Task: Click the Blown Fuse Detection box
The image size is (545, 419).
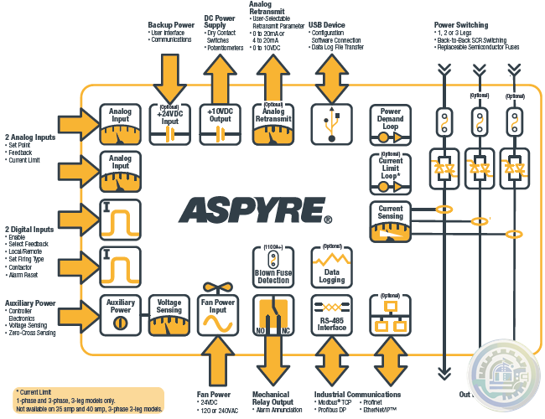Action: tap(273, 266)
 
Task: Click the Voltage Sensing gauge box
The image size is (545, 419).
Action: tap(169, 316)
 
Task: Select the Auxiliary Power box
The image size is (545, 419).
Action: tap(121, 316)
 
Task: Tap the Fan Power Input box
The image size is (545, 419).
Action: tap(218, 316)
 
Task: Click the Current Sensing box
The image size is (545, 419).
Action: tap(391, 222)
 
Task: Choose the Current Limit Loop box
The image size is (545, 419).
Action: tap(391, 173)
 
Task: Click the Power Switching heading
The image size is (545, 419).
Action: tap(462, 25)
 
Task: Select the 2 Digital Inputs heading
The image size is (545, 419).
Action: tap(32, 230)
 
